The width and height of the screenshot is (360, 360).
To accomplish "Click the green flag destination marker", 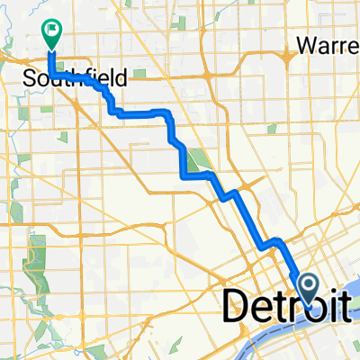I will (50, 34).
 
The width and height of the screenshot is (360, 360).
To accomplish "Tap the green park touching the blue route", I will (196, 158).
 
